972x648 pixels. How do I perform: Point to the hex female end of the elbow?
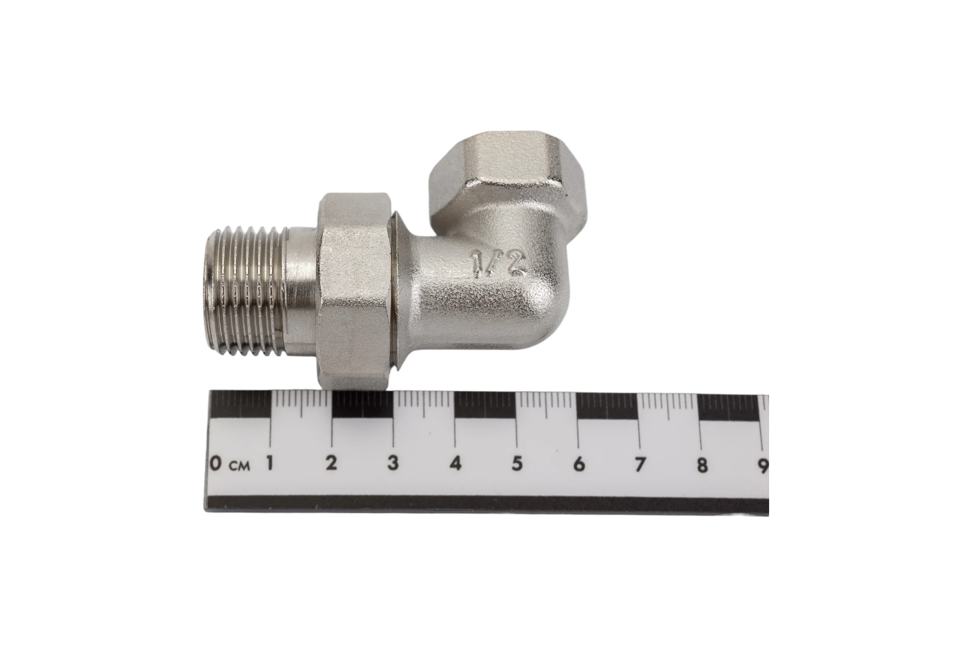(x=508, y=174)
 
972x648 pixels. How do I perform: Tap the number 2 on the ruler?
(x=331, y=463)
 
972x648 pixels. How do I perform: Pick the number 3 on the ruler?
(x=393, y=463)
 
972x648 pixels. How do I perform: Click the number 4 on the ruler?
(x=455, y=464)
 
